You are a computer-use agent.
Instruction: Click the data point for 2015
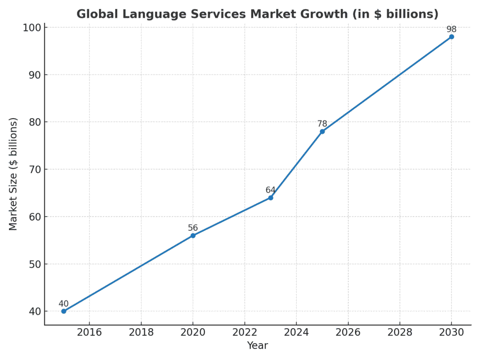64,311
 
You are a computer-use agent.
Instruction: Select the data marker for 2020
193,235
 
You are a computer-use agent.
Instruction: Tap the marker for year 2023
270,198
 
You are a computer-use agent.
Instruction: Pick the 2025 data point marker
322,131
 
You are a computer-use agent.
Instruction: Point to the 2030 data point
451,37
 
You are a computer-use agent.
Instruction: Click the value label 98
451,29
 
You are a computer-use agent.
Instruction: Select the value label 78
322,124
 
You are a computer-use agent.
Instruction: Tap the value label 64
270,190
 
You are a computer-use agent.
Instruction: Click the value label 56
193,228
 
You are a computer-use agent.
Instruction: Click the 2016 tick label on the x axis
90,332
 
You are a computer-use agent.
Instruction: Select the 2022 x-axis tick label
245,332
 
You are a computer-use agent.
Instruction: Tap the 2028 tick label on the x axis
399,332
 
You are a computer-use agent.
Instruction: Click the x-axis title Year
257,346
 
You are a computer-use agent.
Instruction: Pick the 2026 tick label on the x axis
348,332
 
